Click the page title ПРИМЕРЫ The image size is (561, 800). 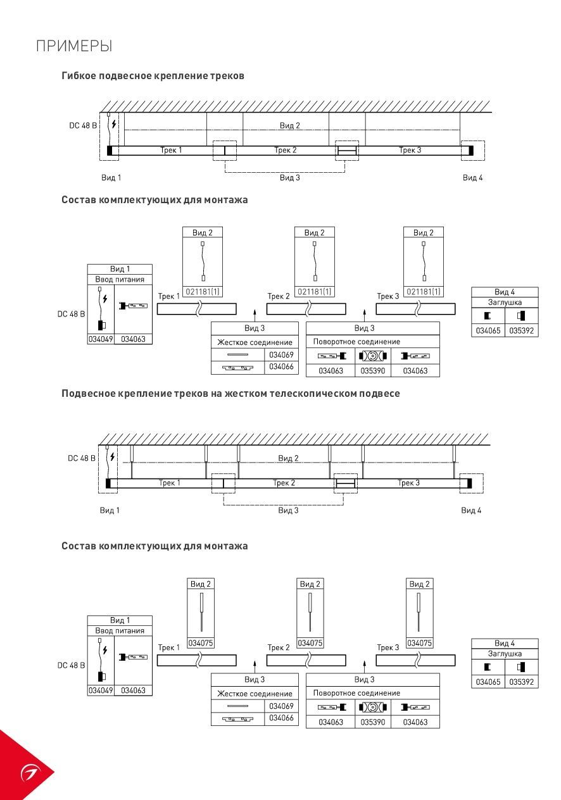pyautogui.click(x=74, y=46)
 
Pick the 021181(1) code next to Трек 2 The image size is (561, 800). pyautogui.click(x=315, y=292)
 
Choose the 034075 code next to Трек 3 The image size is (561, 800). pyautogui.click(x=420, y=643)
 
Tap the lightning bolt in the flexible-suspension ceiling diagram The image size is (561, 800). pyautogui.click(x=113, y=124)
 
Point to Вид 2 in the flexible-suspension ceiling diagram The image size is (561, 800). pyautogui.click(x=290, y=125)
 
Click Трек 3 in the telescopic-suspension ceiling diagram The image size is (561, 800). pyautogui.click(x=408, y=483)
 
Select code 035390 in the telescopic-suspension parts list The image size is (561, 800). pyautogui.click(x=373, y=722)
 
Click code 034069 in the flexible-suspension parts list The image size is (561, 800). pyautogui.click(x=281, y=354)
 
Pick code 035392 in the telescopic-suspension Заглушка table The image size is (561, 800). pyautogui.click(x=521, y=682)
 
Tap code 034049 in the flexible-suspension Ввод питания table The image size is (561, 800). pyautogui.click(x=101, y=339)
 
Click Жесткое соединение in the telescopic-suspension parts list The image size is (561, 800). pyautogui.click(x=255, y=694)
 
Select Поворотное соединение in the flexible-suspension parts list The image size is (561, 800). pyautogui.click(x=356, y=341)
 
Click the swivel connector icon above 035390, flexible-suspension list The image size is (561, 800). pyautogui.click(x=373, y=356)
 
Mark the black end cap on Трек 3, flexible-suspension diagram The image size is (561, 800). pyautogui.click(x=471, y=151)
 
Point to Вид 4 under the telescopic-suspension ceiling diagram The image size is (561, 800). pyautogui.click(x=471, y=510)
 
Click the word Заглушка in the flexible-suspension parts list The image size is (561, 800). pyautogui.click(x=505, y=303)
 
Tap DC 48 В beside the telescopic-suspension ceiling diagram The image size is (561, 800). pyautogui.click(x=82, y=458)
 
